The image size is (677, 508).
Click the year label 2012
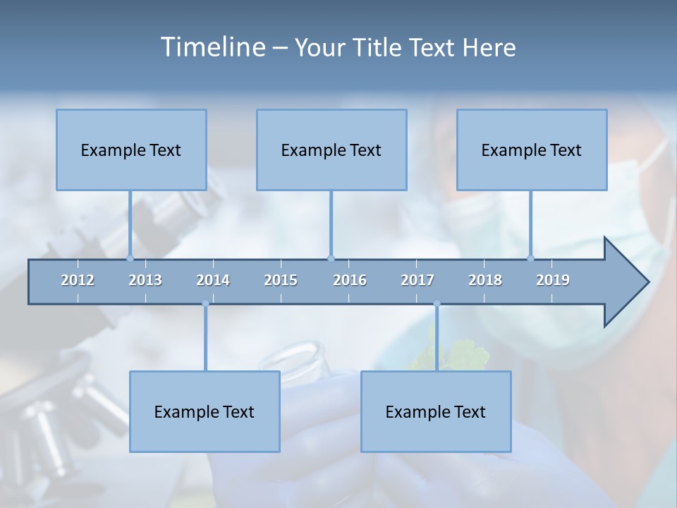[x=78, y=280]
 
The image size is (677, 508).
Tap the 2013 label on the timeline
[x=145, y=280]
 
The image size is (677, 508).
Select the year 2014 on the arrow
[x=213, y=280]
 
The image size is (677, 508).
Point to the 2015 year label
[x=281, y=280]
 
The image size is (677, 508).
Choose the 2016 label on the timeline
[x=350, y=280]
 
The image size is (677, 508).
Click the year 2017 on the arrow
[x=417, y=280]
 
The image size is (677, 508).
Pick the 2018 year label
[x=485, y=280]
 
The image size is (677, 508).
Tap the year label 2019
[x=553, y=280]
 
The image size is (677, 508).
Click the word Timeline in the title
[x=212, y=47]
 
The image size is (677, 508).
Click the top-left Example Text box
[x=131, y=150]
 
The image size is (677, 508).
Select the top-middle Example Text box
[x=331, y=150]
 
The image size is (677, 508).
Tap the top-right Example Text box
[x=532, y=150]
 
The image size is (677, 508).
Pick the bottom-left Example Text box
[x=205, y=411]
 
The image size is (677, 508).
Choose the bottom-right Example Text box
[x=436, y=411]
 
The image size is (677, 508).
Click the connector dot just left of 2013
[x=130, y=258]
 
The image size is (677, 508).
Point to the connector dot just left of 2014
[x=205, y=304]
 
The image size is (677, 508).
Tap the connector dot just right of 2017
[x=437, y=304]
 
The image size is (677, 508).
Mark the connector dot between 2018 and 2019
[x=530, y=258]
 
